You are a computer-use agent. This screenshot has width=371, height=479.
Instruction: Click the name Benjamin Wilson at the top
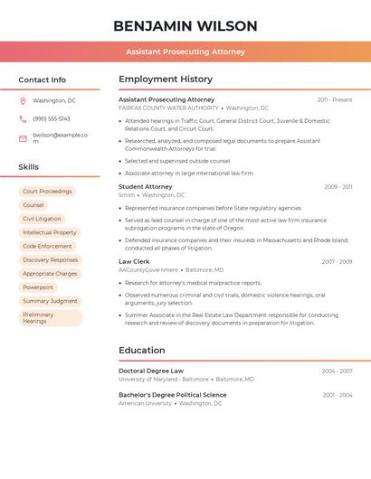click(x=185, y=26)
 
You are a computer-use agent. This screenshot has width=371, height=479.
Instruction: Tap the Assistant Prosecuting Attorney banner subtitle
click(x=185, y=52)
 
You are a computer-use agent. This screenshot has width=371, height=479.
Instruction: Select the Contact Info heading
click(x=43, y=80)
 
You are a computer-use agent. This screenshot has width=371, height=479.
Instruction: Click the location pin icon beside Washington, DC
click(x=23, y=101)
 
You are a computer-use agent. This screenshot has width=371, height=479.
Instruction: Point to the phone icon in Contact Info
click(x=23, y=118)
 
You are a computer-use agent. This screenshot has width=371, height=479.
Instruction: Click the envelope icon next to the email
click(x=23, y=138)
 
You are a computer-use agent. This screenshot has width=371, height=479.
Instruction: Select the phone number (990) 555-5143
click(x=52, y=118)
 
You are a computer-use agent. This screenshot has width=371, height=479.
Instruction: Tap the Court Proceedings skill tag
click(x=47, y=192)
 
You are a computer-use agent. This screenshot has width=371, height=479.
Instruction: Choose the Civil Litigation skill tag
click(x=42, y=219)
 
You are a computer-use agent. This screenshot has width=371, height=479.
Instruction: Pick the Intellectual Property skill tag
click(x=50, y=232)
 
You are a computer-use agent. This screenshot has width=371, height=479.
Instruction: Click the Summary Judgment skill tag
click(x=50, y=301)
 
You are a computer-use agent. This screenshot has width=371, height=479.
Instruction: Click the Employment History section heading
click(x=166, y=80)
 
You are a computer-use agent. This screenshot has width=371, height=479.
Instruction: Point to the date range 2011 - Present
click(x=335, y=99)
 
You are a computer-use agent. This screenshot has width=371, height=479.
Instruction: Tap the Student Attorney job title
click(x=146, y=186)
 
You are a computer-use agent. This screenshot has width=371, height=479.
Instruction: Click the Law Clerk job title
click(x=135, y=261)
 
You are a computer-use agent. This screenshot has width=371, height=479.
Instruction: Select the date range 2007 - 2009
click(x=337, y=261)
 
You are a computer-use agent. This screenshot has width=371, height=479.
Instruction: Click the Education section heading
click(x=142, y=351)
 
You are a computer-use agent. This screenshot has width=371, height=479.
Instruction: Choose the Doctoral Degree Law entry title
click(x=151, y=371)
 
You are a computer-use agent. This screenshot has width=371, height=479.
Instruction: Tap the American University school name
click(x=145, y=404)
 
